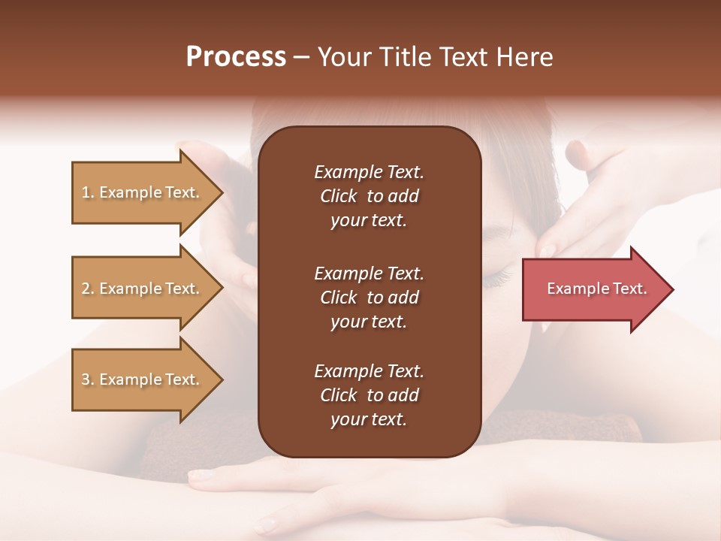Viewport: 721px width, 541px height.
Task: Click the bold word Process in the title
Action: point(236,56)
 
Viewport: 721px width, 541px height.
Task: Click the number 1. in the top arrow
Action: point(88,192)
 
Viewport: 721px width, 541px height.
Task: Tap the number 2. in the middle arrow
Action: point(88,289)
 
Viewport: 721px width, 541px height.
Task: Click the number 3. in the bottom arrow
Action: point(88,379)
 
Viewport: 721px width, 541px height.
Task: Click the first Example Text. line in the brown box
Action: point(369,172)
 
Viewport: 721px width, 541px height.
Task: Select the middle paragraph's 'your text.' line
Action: point(369,322)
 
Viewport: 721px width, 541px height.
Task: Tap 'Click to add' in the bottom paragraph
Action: point(369,395)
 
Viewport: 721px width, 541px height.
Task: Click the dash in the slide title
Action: point(302,57)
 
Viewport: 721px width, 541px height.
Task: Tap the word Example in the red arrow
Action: point(574,289)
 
